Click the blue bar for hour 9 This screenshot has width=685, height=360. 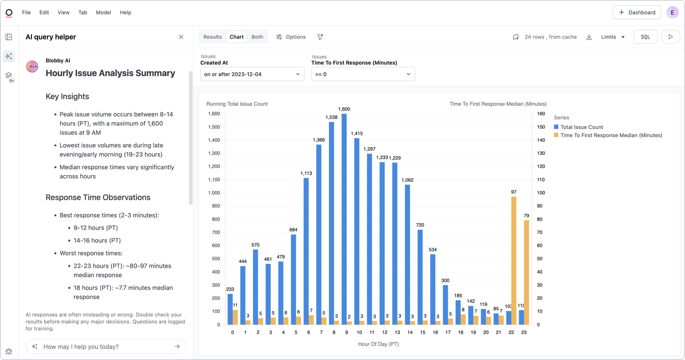click(x=344, y=219)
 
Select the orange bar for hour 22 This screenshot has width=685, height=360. click(x=514, y=261)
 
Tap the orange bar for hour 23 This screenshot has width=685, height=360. click(x=526, y=272)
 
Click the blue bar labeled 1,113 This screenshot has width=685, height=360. click(x=306, y=251)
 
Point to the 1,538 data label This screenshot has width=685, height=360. click(x=331, y=117)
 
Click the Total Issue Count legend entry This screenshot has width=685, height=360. click(x=581, y=127)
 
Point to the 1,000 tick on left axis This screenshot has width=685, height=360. click(x=213, y=193)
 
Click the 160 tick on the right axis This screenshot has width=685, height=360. click(x=541, y=114)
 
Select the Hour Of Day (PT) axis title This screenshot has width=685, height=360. click(x=378, y=344)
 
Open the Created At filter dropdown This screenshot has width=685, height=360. click(x=252, y=74)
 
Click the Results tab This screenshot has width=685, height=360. click(x=213, y=37)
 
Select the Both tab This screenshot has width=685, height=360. click(x=257, y=37)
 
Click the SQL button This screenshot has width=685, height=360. click(x=645, y=37)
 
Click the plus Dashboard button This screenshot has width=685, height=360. click(x=637, y=12)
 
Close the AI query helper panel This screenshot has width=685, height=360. click(x=181, y=37)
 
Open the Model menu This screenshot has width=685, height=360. click(x=104, y=12)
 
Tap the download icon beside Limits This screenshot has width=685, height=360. click(x=589, y=37)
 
